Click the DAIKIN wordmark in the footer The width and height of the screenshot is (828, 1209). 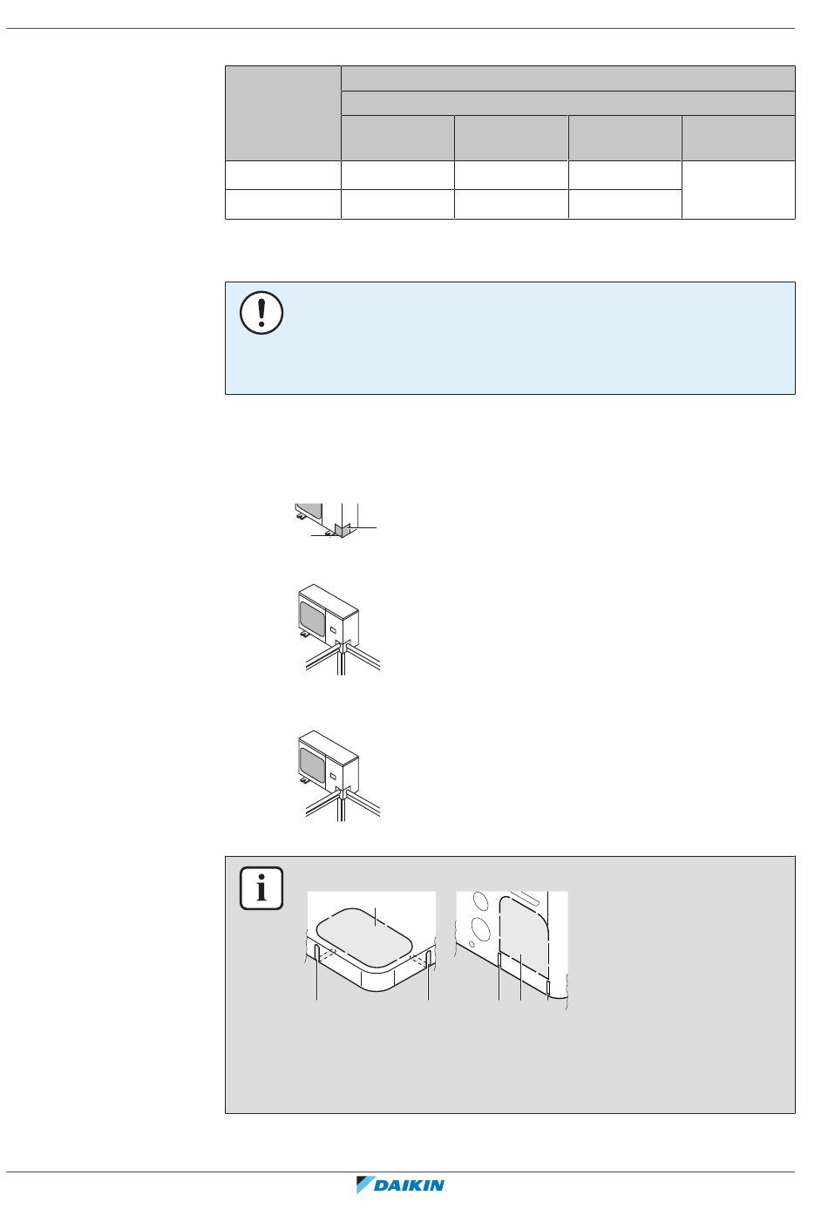pyautogui.click(x=410, y=1185)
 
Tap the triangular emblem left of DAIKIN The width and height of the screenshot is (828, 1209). pyautogui.click(x=365, y=1185)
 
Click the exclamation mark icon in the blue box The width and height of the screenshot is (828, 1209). pyautogui.click(x=261, y=313)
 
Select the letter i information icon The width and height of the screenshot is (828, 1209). pyautogui.click(x=261, y=888)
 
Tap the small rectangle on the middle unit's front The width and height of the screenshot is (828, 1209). pyautogui.click(x=333, y=628)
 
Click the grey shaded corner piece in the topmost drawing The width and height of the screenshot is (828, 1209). pyautogui.click(x=343, y=529)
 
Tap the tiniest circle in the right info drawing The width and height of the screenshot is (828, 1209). pyautogui.click(x=472, y=944)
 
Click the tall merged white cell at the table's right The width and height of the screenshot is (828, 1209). pyautogui.click(x=738, y=189)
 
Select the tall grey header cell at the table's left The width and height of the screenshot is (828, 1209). pyautogui.click(x=282, y=112)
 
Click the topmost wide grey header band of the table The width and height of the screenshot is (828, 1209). pyautogui.click(x=567, y=78)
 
